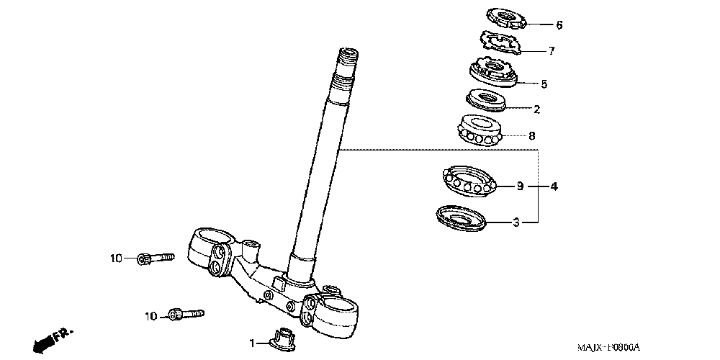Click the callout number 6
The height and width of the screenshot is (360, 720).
[x=559, y=25]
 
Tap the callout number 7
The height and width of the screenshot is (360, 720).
[x=552, y=52]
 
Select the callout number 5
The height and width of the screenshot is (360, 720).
[x=544, y=84]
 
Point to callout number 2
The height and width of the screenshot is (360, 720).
[x=536, y=110]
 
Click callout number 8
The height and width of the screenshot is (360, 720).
[x=532, y=135]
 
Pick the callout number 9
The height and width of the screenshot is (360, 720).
[x=520, y=186]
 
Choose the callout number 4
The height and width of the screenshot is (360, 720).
[x=554, y=187]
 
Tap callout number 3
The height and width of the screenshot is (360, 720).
[x=516, y=223]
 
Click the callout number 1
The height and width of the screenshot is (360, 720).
[x=252, y=344]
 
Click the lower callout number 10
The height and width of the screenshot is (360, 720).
[x=150, y=316]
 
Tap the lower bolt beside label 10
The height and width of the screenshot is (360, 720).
[x=186, y=314]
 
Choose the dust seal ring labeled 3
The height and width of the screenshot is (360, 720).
[x=461, y=217]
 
